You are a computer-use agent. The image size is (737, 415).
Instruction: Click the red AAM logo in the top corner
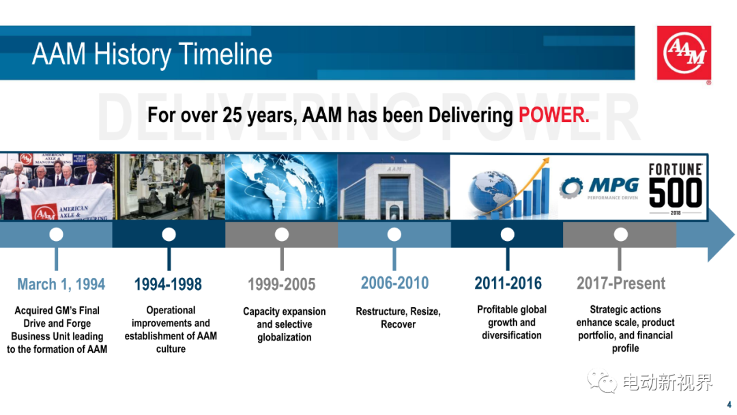pyautogui.click(x=683, y=53)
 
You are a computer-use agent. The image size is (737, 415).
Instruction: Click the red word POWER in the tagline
pyautogui.click(x=553, y=115)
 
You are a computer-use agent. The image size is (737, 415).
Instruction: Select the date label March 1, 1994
pyautogui.click(x=61, y=285)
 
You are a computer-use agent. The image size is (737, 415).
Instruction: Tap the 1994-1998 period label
pyautogui.click(x=168, y=285)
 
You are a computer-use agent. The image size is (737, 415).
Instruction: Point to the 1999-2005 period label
pyautogui.click(x=282, y=285)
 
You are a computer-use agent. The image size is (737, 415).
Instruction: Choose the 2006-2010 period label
pyautogui.click(x=395, y=283)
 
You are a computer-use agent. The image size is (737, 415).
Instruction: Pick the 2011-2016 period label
pyautogui.click(x=508, y=283)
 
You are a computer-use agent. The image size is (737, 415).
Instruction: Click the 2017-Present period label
pyautogui.click(x=621, y=283)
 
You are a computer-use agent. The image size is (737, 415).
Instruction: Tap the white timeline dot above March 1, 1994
pyautogui.click(x=57, y=234)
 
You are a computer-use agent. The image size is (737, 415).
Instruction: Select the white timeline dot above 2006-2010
pyautogui.click(x=394, y=234)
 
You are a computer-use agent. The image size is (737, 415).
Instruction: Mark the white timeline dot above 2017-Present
pyautogui.click(x=621, y=234)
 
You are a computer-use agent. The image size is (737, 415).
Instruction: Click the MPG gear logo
pyautogui.click(x=571, y=188)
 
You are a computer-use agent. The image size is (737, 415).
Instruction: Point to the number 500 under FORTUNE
pyautogui.click(x=676, y=192)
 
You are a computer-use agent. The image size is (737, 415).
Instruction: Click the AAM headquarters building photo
pyautogui.click(x=394, y=186)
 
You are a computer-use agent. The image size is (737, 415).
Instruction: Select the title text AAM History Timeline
pyautogui.click(x=151, y=54)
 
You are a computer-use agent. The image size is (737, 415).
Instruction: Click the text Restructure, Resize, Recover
pyautogui.click(x=398, y=317)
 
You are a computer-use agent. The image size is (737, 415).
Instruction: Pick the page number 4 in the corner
pyautogui.click(x=729, y=404)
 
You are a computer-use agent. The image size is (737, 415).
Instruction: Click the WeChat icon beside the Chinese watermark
pyautogui.click(x=602, y=381)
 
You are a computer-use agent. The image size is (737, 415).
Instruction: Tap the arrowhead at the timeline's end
pyautogui.click(x=719, y=235)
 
